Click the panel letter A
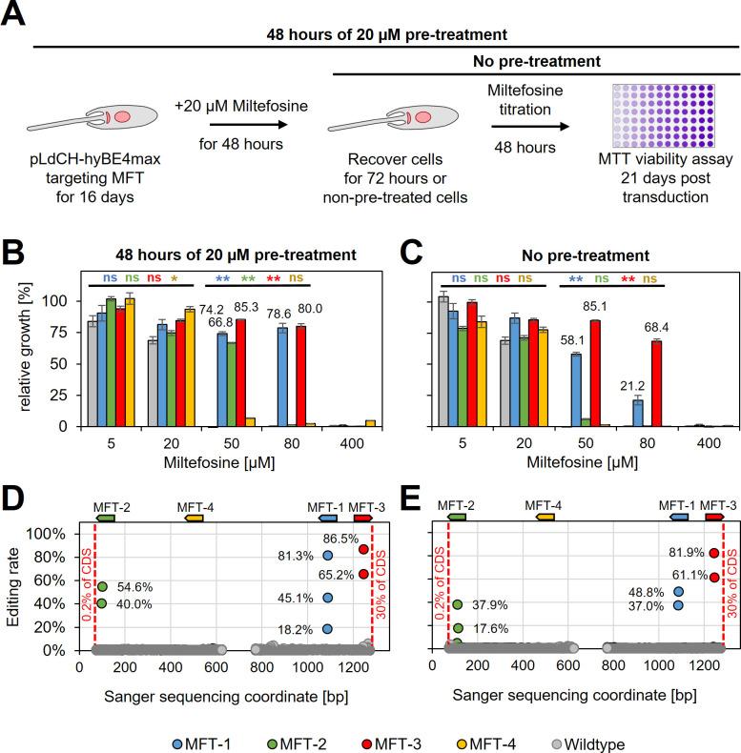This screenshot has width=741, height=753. [x=16, y=17]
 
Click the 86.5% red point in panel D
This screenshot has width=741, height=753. [x=362, y=549]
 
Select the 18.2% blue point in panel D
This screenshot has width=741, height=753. [x=328, y=629]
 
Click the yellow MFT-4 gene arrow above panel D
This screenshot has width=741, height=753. [x=195, y=518]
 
